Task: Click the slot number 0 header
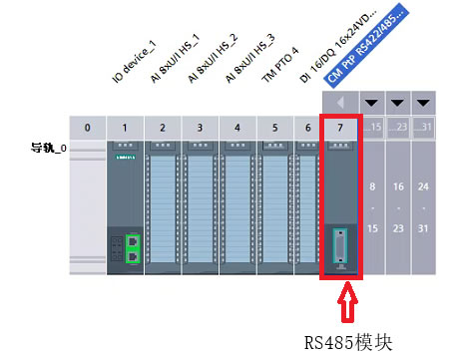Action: [x=88, y=128]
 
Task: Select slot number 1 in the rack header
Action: [x=125, y=128]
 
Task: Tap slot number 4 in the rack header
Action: [x=236, y=128]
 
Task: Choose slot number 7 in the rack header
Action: [x=340, y=128]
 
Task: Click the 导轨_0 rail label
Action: [x=49, y=148]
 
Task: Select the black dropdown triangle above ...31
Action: [x=424, y=103]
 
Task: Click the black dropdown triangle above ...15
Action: [x=373, y=103]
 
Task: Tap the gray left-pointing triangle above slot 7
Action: [x=340, y=103]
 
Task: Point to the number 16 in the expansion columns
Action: [x=398, y=187]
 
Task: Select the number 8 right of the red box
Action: [x=372, y=187]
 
